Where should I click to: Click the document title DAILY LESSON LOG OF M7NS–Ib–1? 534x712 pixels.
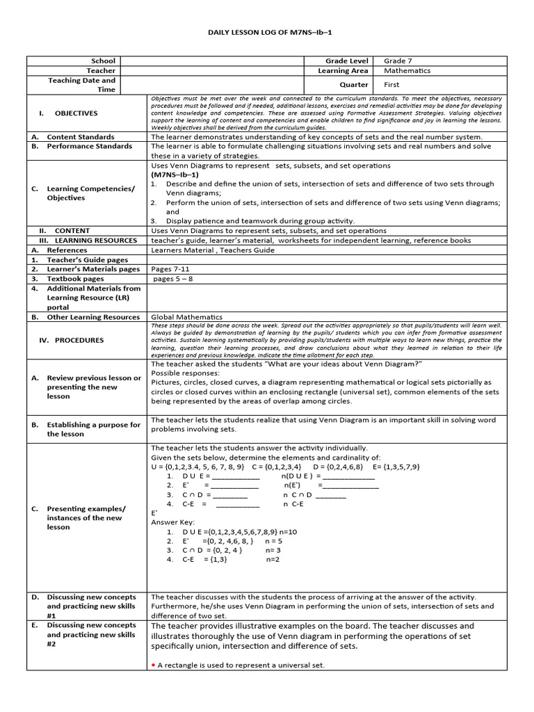pyautogui.click(x=267, y=33)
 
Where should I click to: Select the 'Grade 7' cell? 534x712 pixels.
pyautogui.click(x=398, y=61)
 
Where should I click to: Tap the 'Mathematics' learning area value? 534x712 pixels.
pyautogui.click(x=407, y=71)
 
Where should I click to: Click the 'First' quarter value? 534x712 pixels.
pyautogui.click(x=391, y=85)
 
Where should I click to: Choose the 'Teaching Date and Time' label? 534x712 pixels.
pyautogui.click(x=81, y=85)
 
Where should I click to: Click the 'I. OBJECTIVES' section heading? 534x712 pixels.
pyautogui.click(x=68, y=113)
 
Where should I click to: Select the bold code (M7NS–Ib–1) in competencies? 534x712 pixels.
pyautogui.click(x=175, y=175)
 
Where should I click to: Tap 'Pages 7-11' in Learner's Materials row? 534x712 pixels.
pyautogui.click(x=170, y=269)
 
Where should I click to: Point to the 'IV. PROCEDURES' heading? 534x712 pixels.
pyautogui.click(x=71, y=341)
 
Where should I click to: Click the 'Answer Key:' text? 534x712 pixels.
pyautogui.click(x=173, y=522)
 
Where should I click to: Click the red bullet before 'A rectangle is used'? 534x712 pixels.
pyautogui.click(x=153, y=665)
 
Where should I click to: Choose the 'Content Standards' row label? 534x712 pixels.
pyautogui.click(x=80, y=137)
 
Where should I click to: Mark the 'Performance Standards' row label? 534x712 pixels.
pyautogui.click(x=89, y=147)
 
